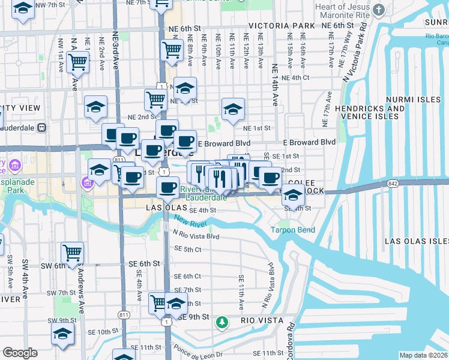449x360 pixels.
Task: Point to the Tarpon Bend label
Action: pyautogui.click(x=292, y=230)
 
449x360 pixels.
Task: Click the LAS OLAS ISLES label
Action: pyautogui.click(x=417, y=241)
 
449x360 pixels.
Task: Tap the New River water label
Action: pyautogui.click(x=191, y=223)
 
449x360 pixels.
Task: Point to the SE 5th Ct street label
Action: pyautogui.click(x=187, y=249)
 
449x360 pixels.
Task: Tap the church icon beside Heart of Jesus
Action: pyautogui.click(x=378, y=10)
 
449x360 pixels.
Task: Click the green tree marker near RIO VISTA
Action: pyautogui.click(x=222, y=323)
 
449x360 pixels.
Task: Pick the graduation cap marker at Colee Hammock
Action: pyautogui.click(x=293, y=195)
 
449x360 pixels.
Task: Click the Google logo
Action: pyautogui.click(x=20, y=353)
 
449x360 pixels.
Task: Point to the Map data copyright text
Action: pyautogui.click(x=424, y=355)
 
